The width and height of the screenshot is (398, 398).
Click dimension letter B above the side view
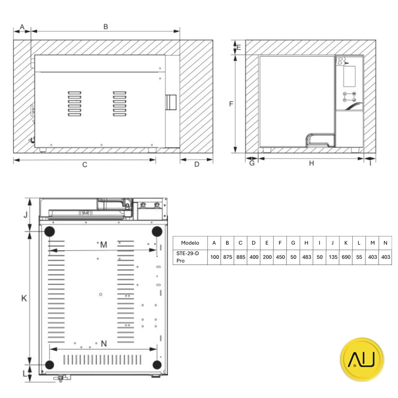point(105,27)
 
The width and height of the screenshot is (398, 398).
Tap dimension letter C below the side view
point(85,164)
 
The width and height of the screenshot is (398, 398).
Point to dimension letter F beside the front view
point(231,104)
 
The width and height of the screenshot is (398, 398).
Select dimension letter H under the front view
point(312,163)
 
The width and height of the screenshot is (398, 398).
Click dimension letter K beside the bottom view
point(24,298)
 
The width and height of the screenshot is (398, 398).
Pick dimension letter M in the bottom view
point(103,244)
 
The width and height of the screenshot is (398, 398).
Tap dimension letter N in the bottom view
point(103,344)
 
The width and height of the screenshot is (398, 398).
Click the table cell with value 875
point(227,257)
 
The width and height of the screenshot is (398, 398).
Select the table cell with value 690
point(346,257)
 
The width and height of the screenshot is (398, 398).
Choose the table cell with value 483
point(306,257)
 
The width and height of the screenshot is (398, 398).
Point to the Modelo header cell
point(190,243)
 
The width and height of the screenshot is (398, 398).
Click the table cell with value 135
point(333,257)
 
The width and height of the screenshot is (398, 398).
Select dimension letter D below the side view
point(197,164)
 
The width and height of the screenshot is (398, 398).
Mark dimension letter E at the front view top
point(239,47)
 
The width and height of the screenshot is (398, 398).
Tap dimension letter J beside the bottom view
point(25,215)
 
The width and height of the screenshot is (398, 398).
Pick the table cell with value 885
point(240,257)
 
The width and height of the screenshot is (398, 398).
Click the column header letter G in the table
point(293,243)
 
